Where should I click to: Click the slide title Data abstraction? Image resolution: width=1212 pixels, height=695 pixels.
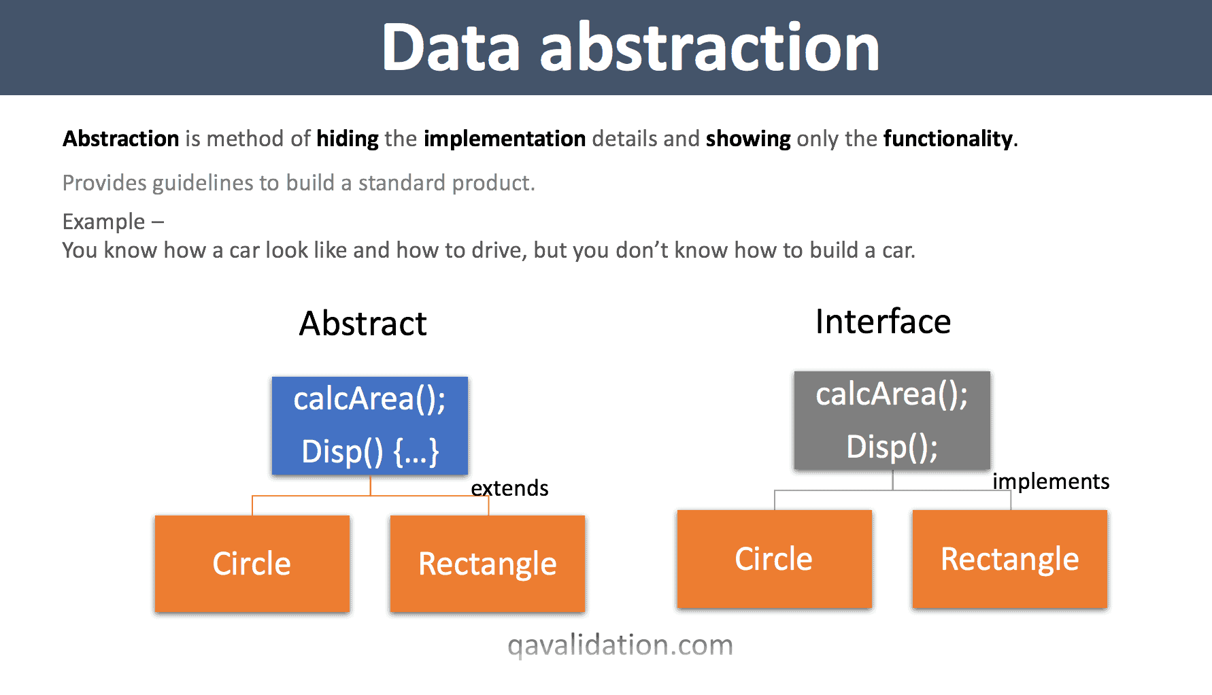click(630, 47)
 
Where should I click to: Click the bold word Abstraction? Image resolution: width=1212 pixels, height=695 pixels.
click(121, 139)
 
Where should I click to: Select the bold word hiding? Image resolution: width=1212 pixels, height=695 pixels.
click(347, 139)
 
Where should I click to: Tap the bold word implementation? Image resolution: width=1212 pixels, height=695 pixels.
click(505, 139)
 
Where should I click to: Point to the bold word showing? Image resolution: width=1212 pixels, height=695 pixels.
click(748, 139)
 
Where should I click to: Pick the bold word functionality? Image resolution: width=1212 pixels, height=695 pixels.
click(948, 139)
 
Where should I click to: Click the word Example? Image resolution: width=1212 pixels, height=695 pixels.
click(103, 222)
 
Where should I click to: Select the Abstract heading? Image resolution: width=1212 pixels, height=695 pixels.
click(363, 323)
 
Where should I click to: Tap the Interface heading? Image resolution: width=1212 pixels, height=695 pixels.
click(883, 322)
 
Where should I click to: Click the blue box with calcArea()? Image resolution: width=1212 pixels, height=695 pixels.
click(369, 425)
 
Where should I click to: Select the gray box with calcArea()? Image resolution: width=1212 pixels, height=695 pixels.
click(892, 420)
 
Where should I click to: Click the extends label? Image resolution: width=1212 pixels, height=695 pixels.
click(509, 488)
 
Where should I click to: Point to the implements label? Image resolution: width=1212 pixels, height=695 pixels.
click(1051, 481)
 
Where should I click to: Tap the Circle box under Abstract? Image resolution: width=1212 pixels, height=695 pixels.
click(252, 564)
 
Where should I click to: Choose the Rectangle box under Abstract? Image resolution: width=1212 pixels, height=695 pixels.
click(487, 564)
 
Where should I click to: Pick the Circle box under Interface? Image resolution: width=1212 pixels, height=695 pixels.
click(774, 559)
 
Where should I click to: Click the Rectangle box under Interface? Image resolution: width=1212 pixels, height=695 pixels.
click(1009, 559)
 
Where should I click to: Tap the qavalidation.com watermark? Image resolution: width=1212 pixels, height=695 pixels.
click(620, 645)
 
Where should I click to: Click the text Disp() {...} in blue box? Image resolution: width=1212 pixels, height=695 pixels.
click(370, 452)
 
